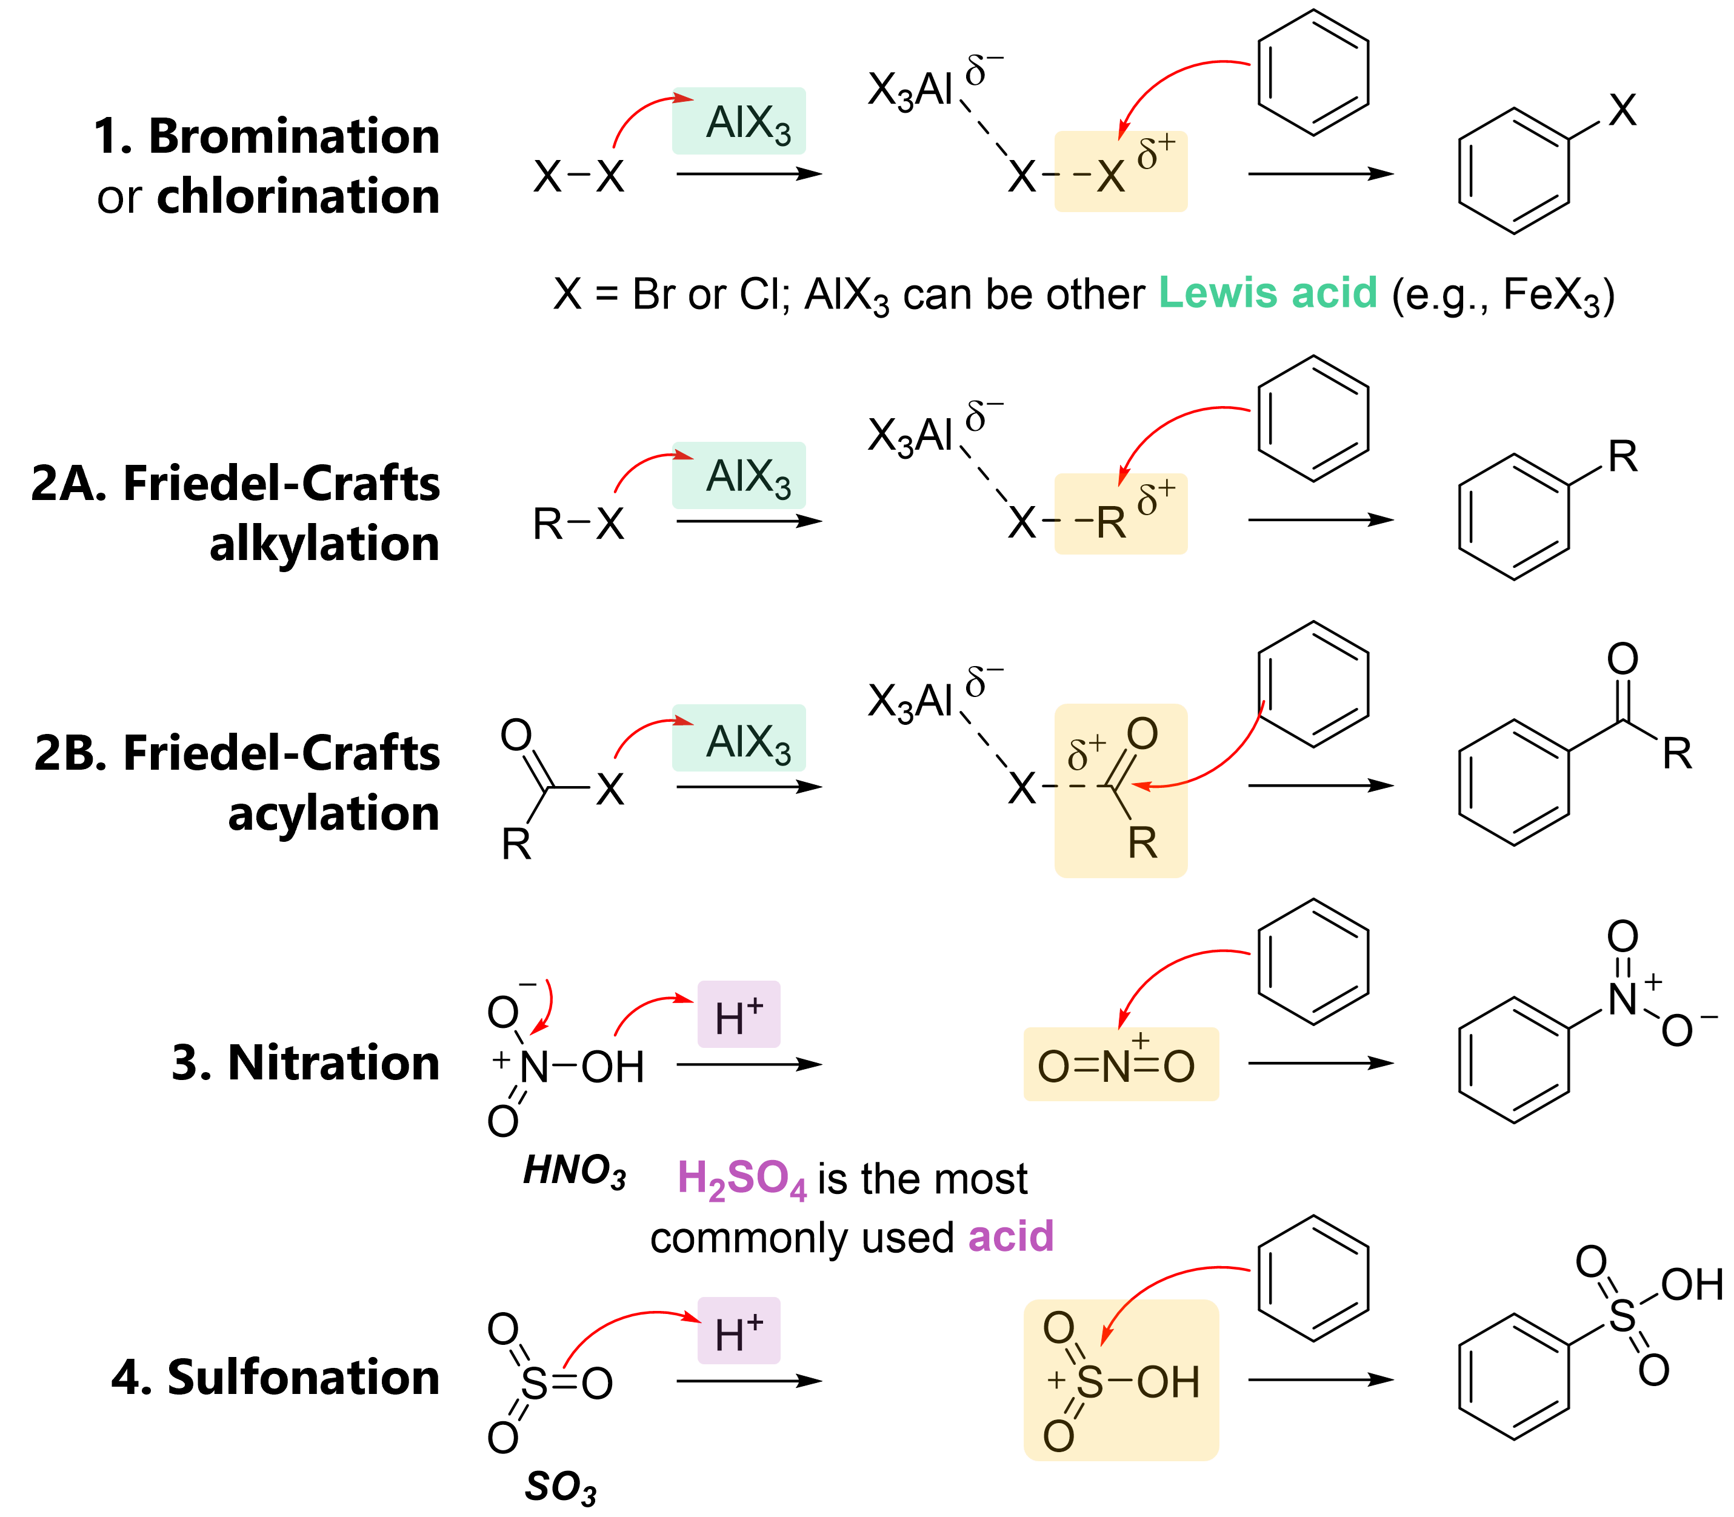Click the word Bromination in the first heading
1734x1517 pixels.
coord(294,136)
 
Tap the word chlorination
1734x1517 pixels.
coord(298,196)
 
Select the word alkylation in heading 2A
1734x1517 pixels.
coord(324,544)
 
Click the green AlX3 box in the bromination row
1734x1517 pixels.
coord(738,121)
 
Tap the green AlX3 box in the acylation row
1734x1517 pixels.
coord(738,738)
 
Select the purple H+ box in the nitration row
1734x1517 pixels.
coord(738,1014)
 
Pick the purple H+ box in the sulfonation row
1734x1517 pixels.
coord(738,1330)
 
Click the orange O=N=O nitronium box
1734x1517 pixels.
coord(1120,1064)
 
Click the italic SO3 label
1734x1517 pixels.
coord(561,1487)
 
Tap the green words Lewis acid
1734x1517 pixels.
coord(1267,292)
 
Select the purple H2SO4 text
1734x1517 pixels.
coord(742,1178)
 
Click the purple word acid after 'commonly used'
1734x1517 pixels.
coord(1011,1237)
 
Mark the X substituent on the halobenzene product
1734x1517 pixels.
coord(1622,110)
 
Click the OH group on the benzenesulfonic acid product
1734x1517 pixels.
coord(1692,1285)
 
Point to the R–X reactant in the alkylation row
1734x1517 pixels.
coord(578,523)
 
